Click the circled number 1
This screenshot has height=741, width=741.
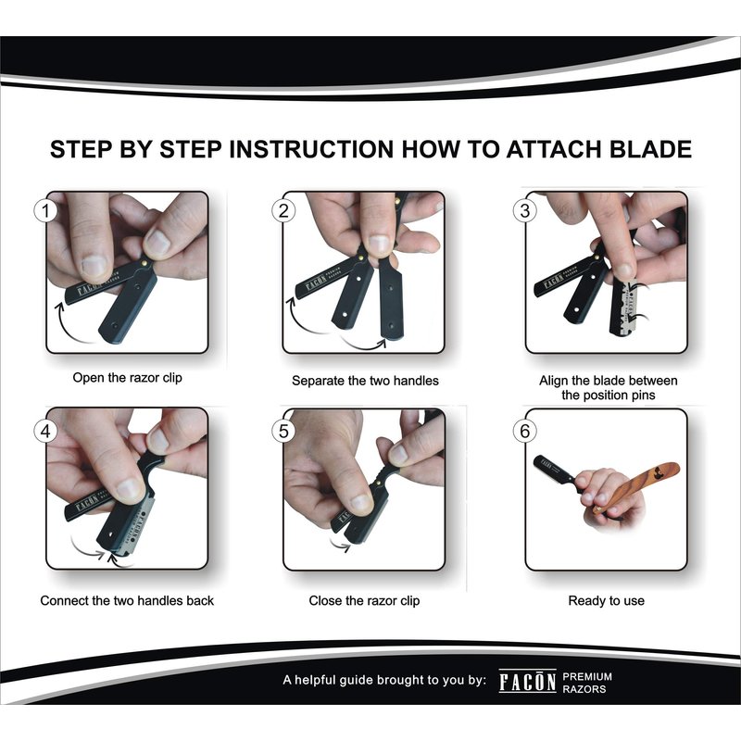(45, 211)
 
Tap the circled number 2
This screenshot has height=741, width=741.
(283, 211)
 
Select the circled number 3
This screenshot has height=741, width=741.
(524, 211)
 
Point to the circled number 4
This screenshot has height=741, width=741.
(45, 431)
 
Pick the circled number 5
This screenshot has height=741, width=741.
(283, 431)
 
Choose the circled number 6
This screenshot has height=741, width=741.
(524, 431)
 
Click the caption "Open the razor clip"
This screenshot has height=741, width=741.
(127, 378)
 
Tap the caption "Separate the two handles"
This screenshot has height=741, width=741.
(365, 381)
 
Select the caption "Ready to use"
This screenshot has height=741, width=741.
(607, 600)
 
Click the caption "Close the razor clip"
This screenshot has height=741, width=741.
(364, 600)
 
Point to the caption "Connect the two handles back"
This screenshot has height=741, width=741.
(127, 600)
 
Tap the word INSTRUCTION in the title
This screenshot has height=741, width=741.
(311, 149)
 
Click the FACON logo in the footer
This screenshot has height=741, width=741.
(527, 682)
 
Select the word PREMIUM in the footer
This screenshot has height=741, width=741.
(587, 677)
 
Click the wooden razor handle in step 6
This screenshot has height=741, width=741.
(637, 486)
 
